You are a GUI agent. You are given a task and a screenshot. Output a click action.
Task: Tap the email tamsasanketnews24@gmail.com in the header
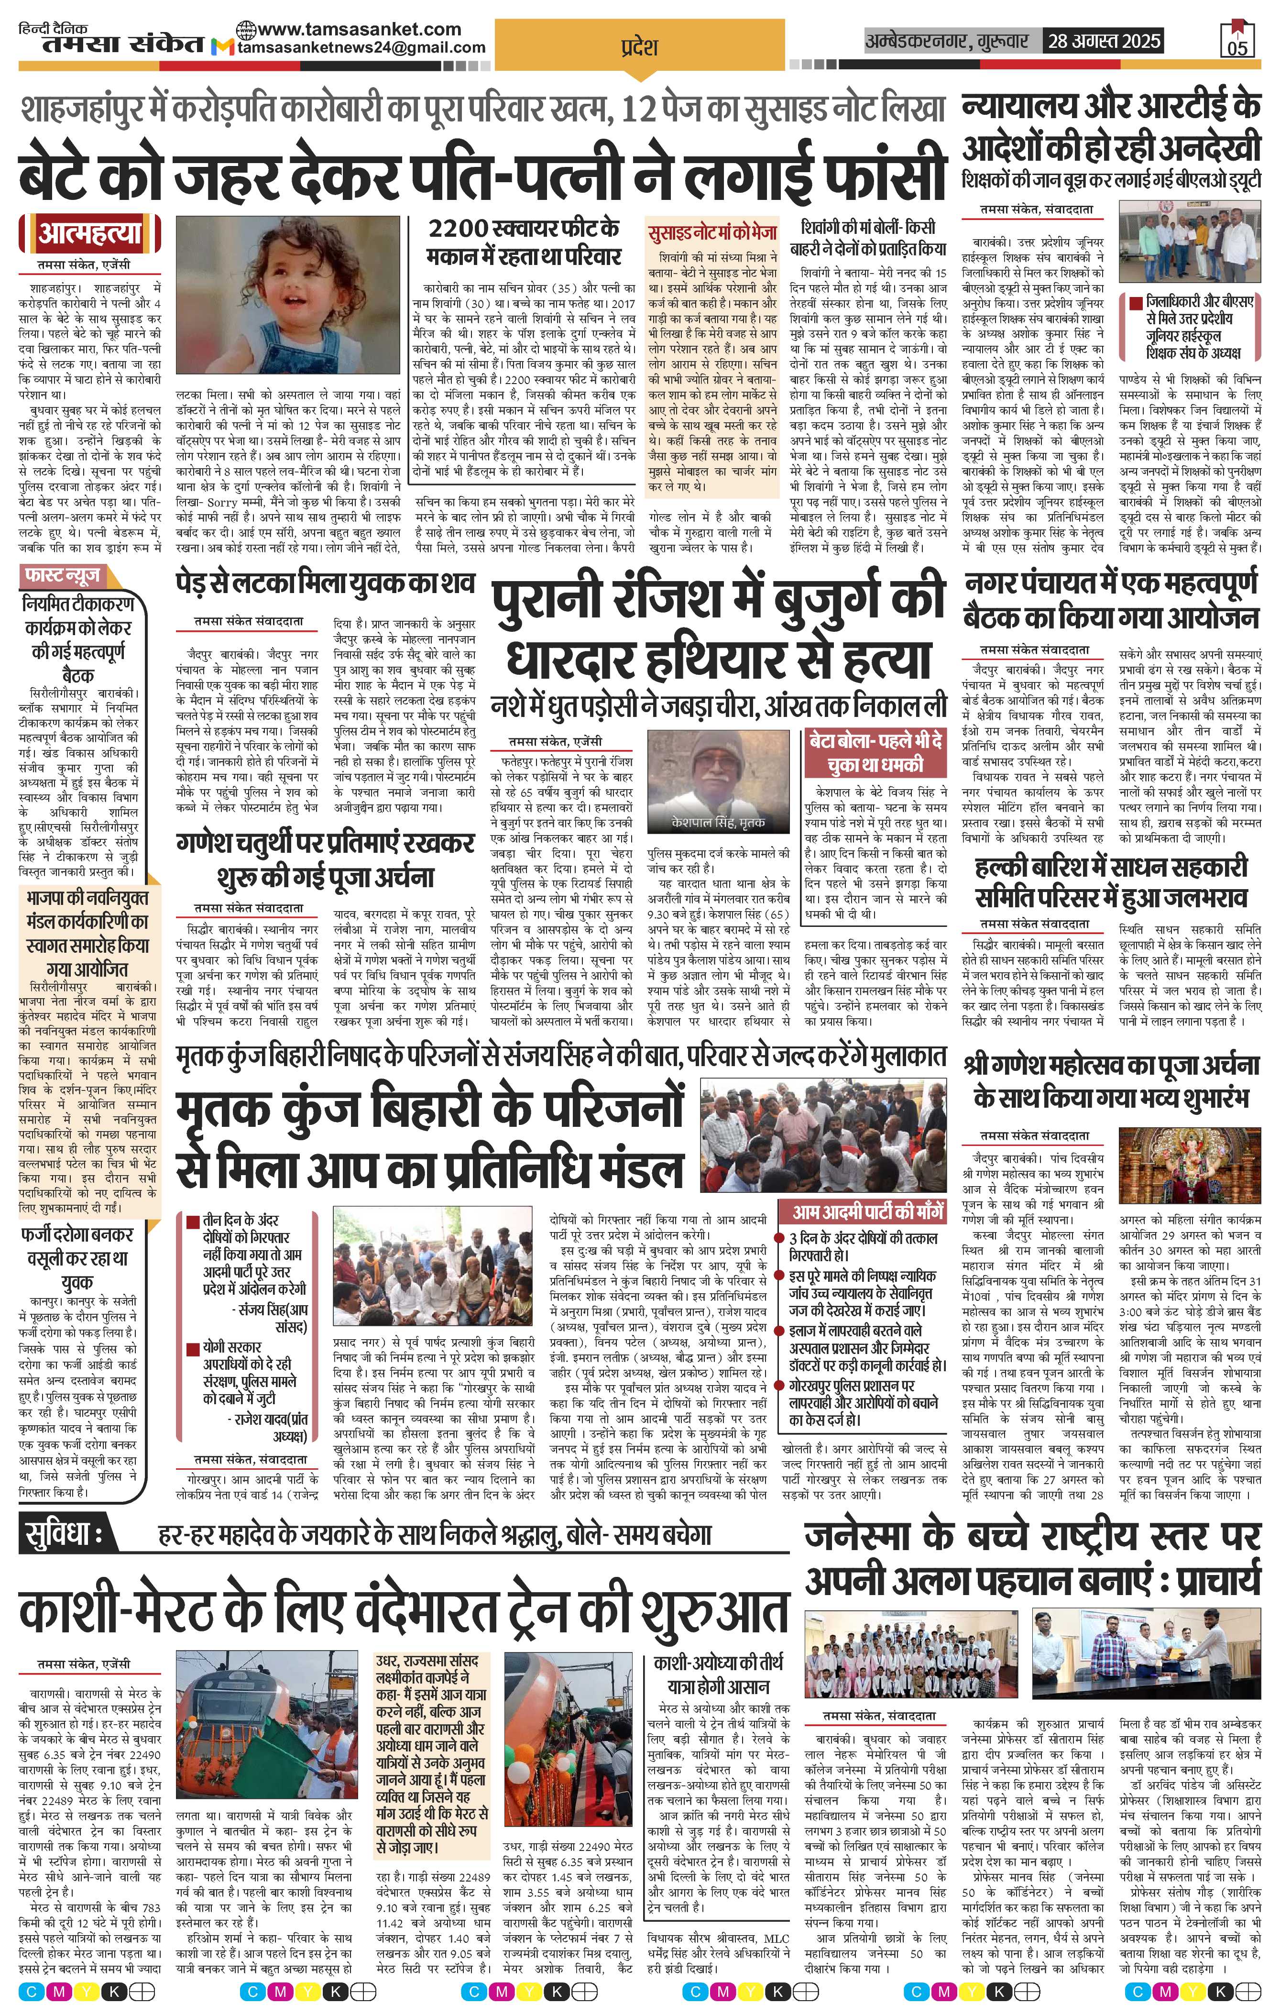click(361, 48)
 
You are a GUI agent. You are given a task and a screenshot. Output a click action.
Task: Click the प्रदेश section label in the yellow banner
click(639, 46)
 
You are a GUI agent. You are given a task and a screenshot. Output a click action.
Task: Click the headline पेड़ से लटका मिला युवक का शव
click(326, 583)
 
